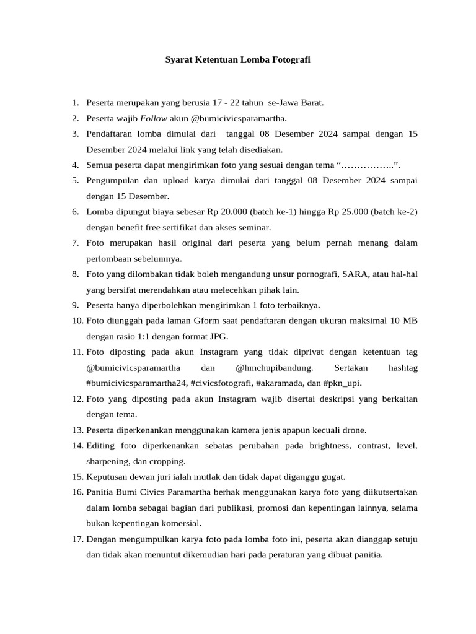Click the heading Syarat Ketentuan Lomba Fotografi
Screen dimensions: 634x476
coord(237,60)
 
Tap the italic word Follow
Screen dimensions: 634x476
coord(152,118)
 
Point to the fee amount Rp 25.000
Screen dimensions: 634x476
coord(345,212)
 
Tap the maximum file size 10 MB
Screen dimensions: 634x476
coord(403,321)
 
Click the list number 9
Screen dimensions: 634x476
coord(75,305)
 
